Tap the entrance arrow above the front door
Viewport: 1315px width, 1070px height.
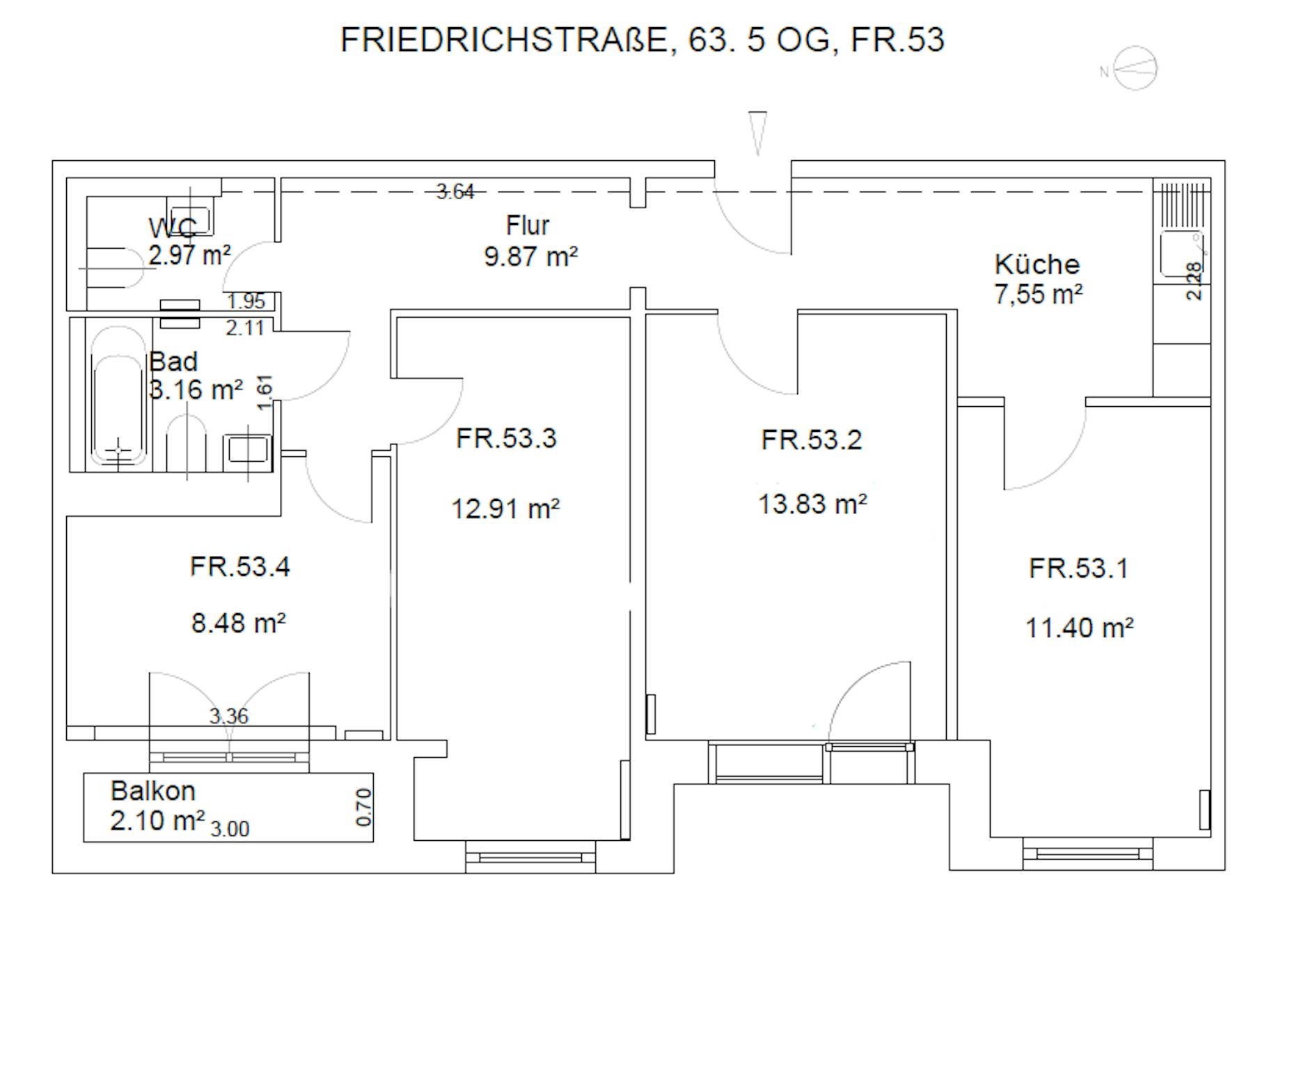[758, 133]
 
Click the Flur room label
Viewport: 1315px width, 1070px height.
[528, 226]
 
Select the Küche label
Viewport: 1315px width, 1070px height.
[1037, 265]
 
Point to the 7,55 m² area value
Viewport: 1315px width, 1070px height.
[1038, 295]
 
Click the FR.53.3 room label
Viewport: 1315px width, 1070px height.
[506, 438]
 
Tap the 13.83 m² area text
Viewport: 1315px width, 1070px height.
[812, 504]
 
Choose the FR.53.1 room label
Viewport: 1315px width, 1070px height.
[1078, 568]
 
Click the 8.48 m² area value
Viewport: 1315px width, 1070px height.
[238, 623]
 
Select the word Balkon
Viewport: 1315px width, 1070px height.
[153, 791]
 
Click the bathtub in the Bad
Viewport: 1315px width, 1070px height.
[118, 396]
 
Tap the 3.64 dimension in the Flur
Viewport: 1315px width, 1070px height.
[455, 192]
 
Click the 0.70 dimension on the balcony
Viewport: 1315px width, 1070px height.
[363, 807]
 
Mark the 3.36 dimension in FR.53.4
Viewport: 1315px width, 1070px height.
[229, 715]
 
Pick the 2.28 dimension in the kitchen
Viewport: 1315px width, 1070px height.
[1193, 281]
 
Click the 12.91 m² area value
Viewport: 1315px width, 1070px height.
[505, 509]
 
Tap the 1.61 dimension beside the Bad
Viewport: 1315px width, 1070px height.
[265, 392]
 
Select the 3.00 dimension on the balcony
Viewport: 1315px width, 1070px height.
[230, 829]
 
